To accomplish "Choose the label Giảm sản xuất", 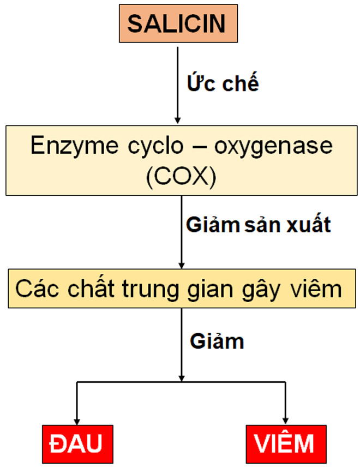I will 259,224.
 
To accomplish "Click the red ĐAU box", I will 76,443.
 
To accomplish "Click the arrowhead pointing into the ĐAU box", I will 77,421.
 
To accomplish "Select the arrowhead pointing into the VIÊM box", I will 285,421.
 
